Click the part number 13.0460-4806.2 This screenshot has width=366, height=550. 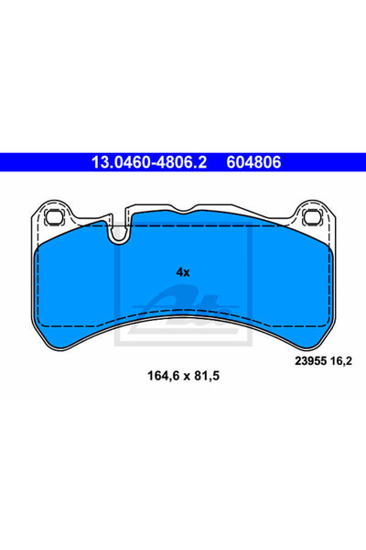point(149,162)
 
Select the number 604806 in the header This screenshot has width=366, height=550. point(253,162)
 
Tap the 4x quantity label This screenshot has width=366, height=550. point(182,272)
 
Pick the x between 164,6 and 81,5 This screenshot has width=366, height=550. point(187,377)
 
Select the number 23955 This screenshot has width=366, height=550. point(311,361)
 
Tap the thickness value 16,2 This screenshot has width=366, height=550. point(340,361)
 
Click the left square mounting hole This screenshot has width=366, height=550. point(54,216)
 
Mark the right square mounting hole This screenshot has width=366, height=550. point(312,216)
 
